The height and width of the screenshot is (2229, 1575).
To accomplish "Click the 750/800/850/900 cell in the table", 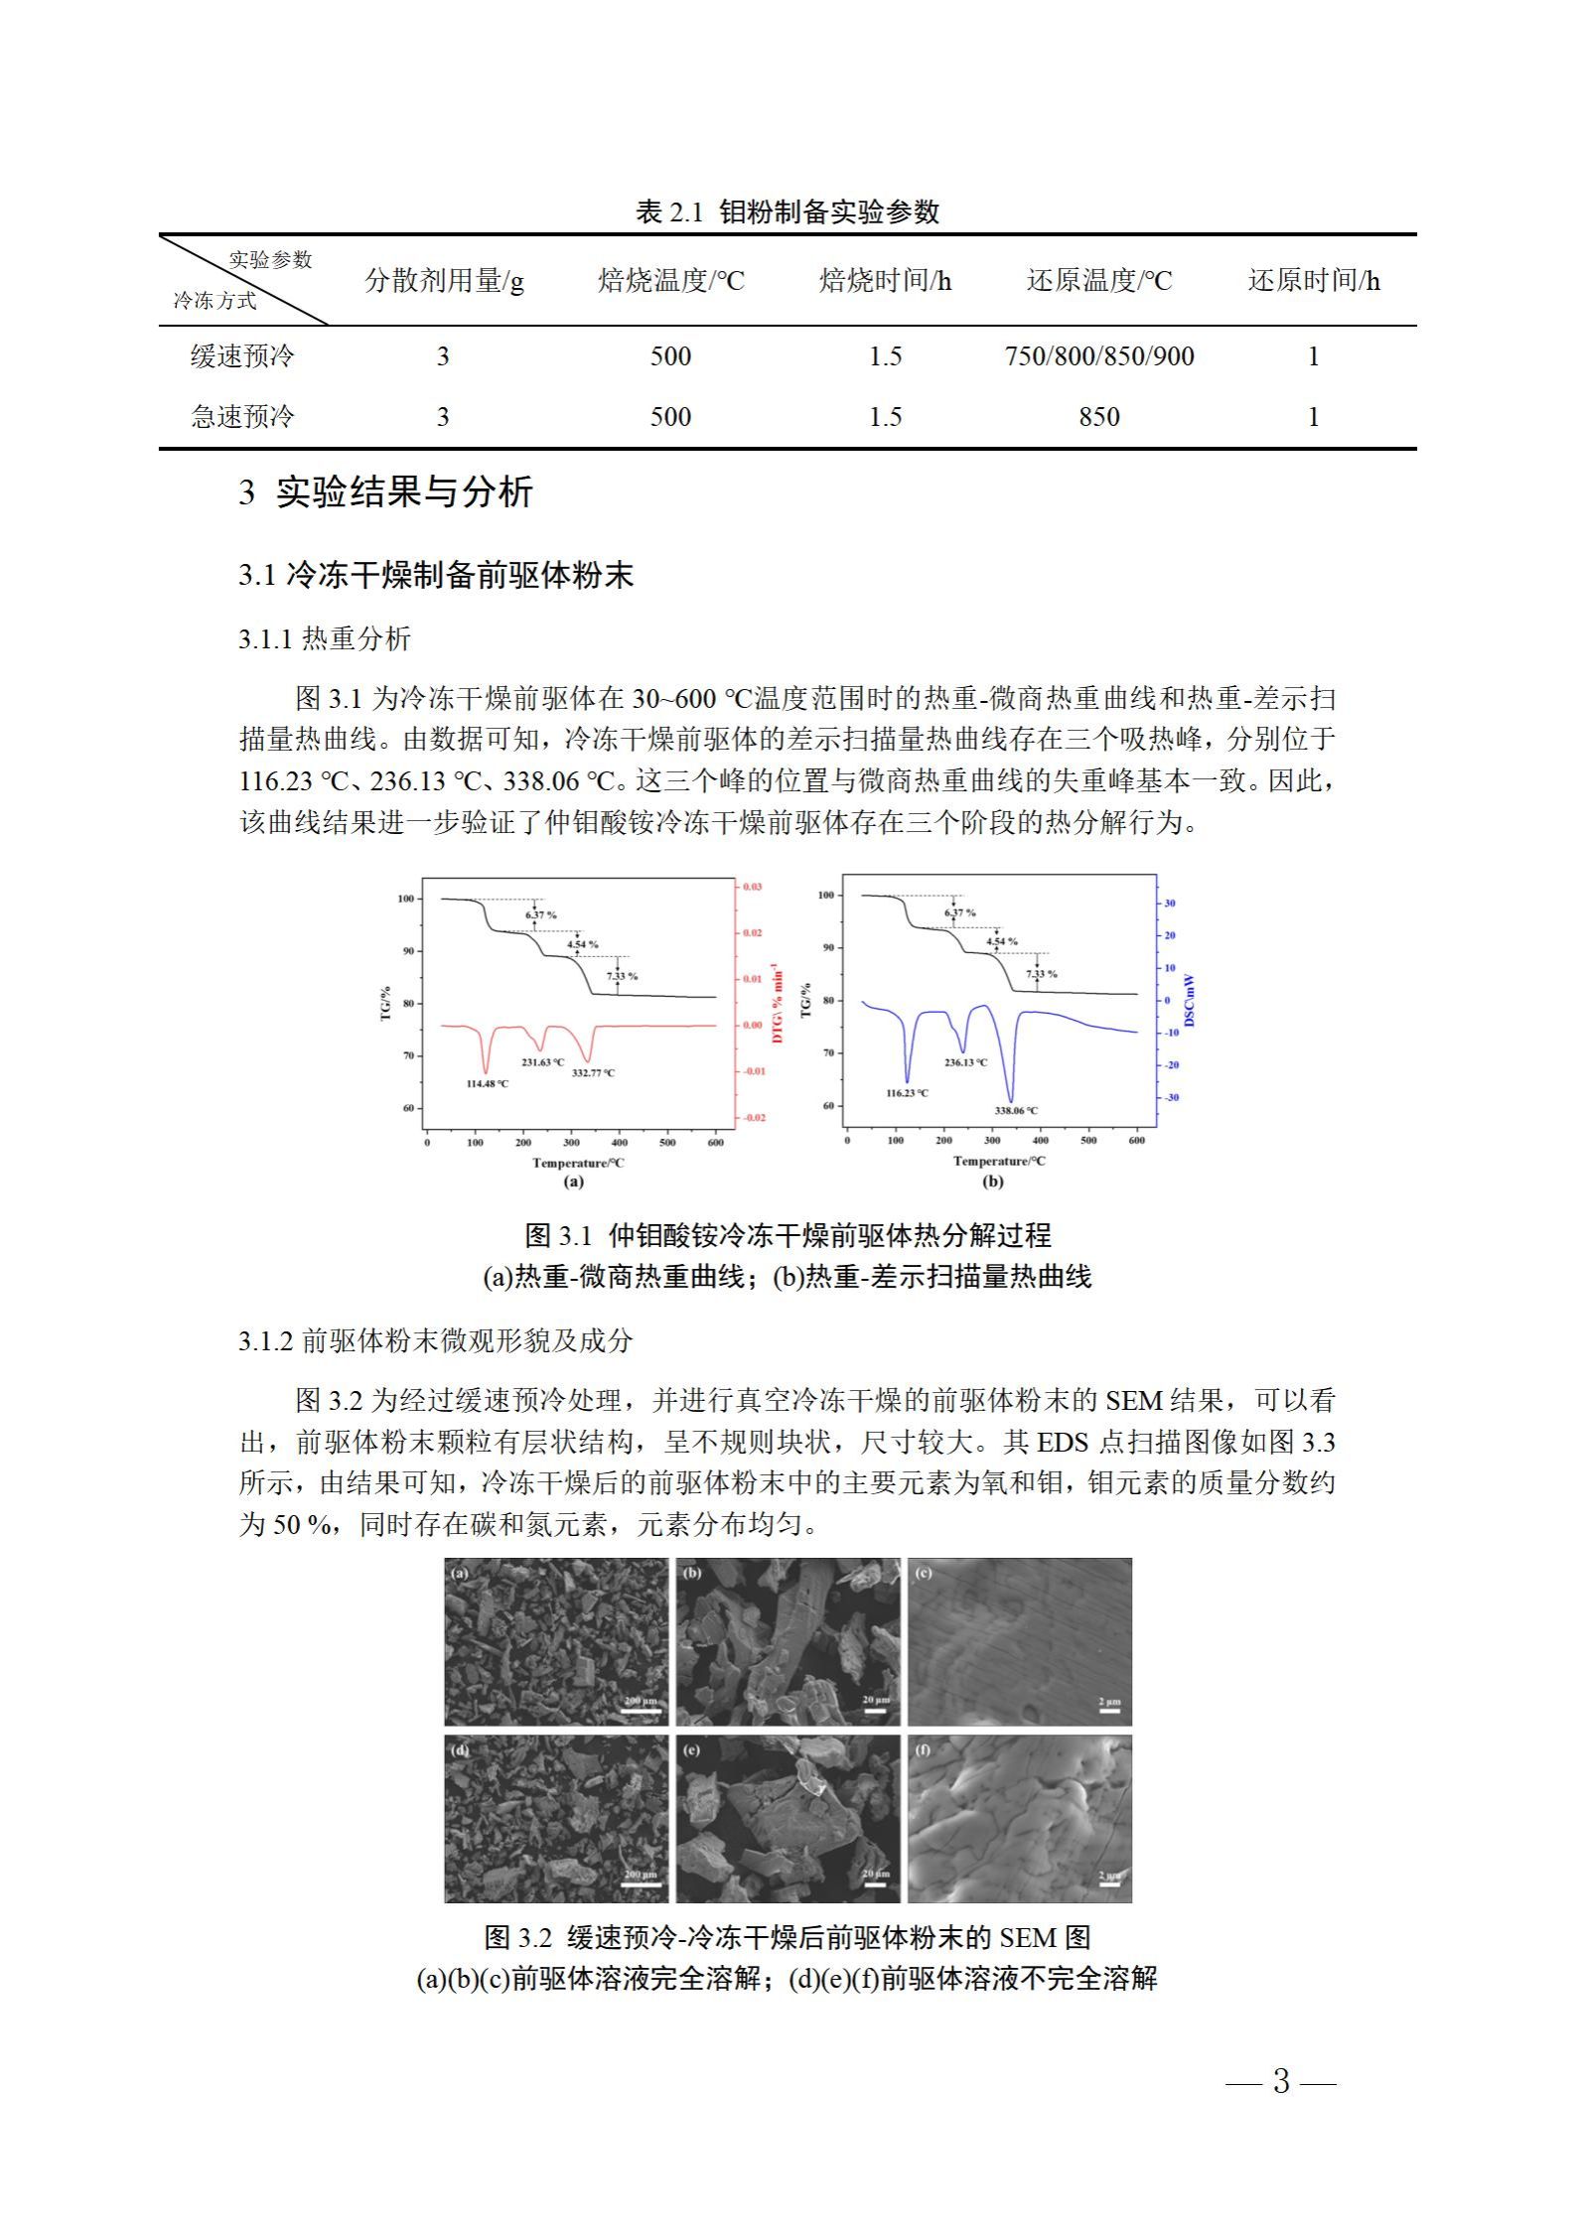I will point(1098,356).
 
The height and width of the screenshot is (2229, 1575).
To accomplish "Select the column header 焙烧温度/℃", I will point(670,281).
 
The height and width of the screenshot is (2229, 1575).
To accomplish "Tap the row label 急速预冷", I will point(242,416).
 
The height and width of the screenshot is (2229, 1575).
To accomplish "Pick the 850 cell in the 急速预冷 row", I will point(1098,417).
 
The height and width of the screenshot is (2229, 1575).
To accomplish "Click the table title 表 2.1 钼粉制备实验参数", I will point(787,211).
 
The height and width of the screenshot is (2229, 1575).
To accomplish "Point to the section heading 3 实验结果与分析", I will point(386,492).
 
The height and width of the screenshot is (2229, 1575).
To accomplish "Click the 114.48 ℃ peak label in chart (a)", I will point(487,1083).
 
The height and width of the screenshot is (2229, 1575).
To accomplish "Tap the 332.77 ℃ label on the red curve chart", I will point(593,1072).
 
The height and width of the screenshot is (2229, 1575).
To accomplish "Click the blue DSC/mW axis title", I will point(1191,1001).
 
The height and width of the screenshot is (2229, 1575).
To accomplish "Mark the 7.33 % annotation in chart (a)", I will point(623,976).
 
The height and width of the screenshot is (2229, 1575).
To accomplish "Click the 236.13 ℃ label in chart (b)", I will point(965,1062).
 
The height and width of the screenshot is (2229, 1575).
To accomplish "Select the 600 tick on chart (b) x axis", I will point(1136,1140).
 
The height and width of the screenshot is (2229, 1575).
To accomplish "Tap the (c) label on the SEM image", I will point(924,1573).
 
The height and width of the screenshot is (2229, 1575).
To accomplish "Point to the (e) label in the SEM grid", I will point(692,1749).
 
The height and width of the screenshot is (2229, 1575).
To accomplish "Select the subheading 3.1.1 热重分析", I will point(325,638).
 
